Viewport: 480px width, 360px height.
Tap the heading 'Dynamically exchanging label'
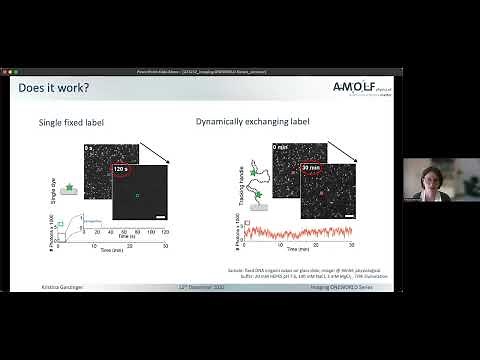263,122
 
